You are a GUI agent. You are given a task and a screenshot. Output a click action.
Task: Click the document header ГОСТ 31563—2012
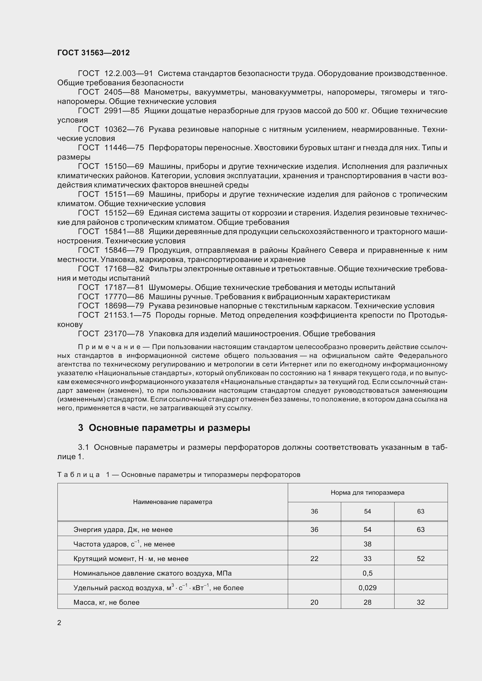point(93,53)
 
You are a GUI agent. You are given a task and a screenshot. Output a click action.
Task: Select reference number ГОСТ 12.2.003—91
point(115,73)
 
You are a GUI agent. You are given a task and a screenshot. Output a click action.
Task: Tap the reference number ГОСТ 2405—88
point(108,92)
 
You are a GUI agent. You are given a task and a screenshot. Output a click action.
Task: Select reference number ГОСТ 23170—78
point(111,334)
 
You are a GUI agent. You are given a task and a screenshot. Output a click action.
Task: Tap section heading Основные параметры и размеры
point(169,428)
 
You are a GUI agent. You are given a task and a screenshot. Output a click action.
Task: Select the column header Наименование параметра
point(173,502)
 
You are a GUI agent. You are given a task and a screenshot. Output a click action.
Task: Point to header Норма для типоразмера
point(367,493)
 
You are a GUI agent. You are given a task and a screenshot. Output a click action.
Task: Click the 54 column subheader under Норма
point(367,511)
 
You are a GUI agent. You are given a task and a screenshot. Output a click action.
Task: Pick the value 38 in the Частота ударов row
point(367,544)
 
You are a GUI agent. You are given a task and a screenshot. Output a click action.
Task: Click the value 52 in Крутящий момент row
point(420,559)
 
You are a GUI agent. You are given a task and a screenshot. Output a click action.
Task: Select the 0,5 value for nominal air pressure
point(367,573)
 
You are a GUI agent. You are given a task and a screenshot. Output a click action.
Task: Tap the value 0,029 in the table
point(367,588)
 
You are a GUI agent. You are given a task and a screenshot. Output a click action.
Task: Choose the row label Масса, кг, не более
point(106,602)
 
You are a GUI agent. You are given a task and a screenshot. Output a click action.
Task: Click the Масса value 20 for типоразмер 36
point(314,602)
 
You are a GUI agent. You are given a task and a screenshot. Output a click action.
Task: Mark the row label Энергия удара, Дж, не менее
point(123,529)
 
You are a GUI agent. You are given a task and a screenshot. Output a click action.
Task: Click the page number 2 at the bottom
point(59,622)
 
